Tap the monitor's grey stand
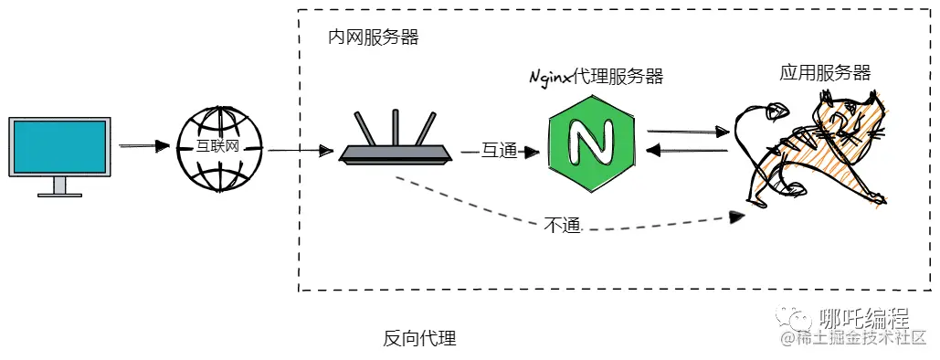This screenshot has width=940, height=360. click(x=60, y=186)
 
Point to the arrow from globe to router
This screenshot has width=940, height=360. click(x=297, y=149)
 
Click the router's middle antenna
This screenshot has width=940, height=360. click(x=395, y=127)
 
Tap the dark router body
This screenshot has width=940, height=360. click(x=396, y=155)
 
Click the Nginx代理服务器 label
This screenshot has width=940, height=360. click(x=596, y=77)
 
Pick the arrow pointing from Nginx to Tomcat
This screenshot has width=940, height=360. click(x=687, y=132)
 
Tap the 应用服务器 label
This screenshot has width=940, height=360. click(x=824, y=73)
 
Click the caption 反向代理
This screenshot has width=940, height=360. click(x=419, y=339)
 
